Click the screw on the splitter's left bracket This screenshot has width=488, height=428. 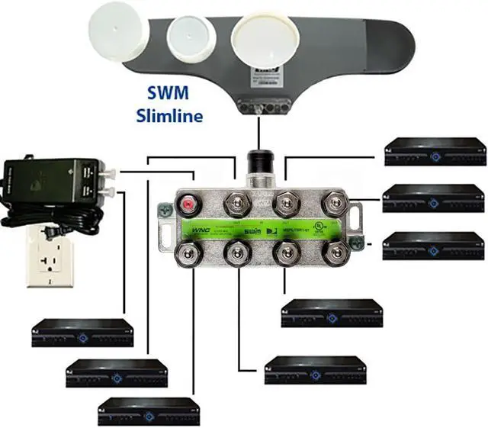[165, 206]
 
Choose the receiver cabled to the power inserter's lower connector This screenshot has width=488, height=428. [82, 332]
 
